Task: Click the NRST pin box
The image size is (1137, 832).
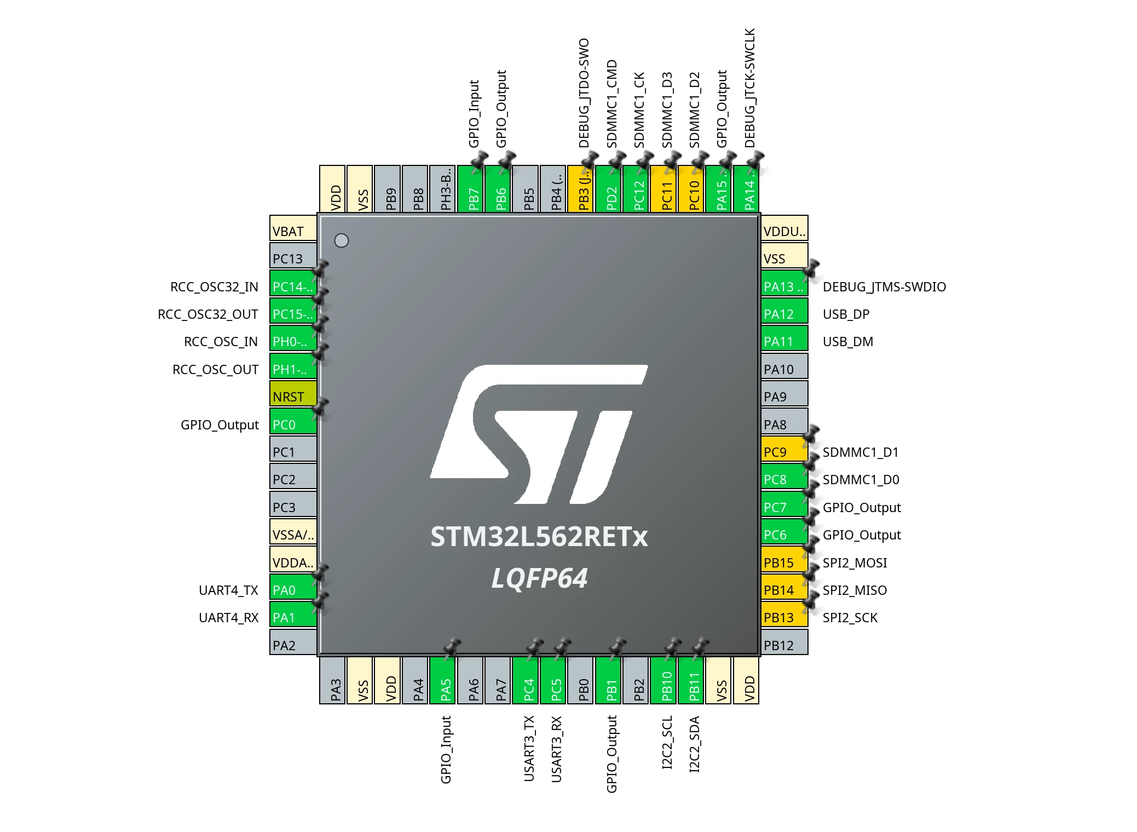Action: tap(293, 394)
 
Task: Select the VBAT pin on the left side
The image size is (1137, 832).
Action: tap(293, 228)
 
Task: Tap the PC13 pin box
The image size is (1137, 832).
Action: tap(293, 256)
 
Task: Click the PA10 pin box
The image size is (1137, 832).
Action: tap(784, 366)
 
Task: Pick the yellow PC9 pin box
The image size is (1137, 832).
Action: tap(784, 449)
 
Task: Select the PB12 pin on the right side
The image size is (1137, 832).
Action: tap(784, 642)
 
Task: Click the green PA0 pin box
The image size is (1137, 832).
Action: tap(293, 587)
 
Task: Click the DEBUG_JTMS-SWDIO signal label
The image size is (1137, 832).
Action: tap(884, 287)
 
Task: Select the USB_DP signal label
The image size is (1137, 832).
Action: tap(846, 314)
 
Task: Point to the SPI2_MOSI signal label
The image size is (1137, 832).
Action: tap(855, 563)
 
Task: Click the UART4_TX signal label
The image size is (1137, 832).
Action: tap(228, 590)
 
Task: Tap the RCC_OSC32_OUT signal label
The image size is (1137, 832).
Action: tap(208, 314)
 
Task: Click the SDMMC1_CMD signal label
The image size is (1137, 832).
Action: tap(611, 104)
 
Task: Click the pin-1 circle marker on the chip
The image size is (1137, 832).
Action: tap(342, 240)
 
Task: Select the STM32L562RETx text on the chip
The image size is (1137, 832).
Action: tap(539, 537)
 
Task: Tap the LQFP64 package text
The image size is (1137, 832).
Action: tap(540, 578)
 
